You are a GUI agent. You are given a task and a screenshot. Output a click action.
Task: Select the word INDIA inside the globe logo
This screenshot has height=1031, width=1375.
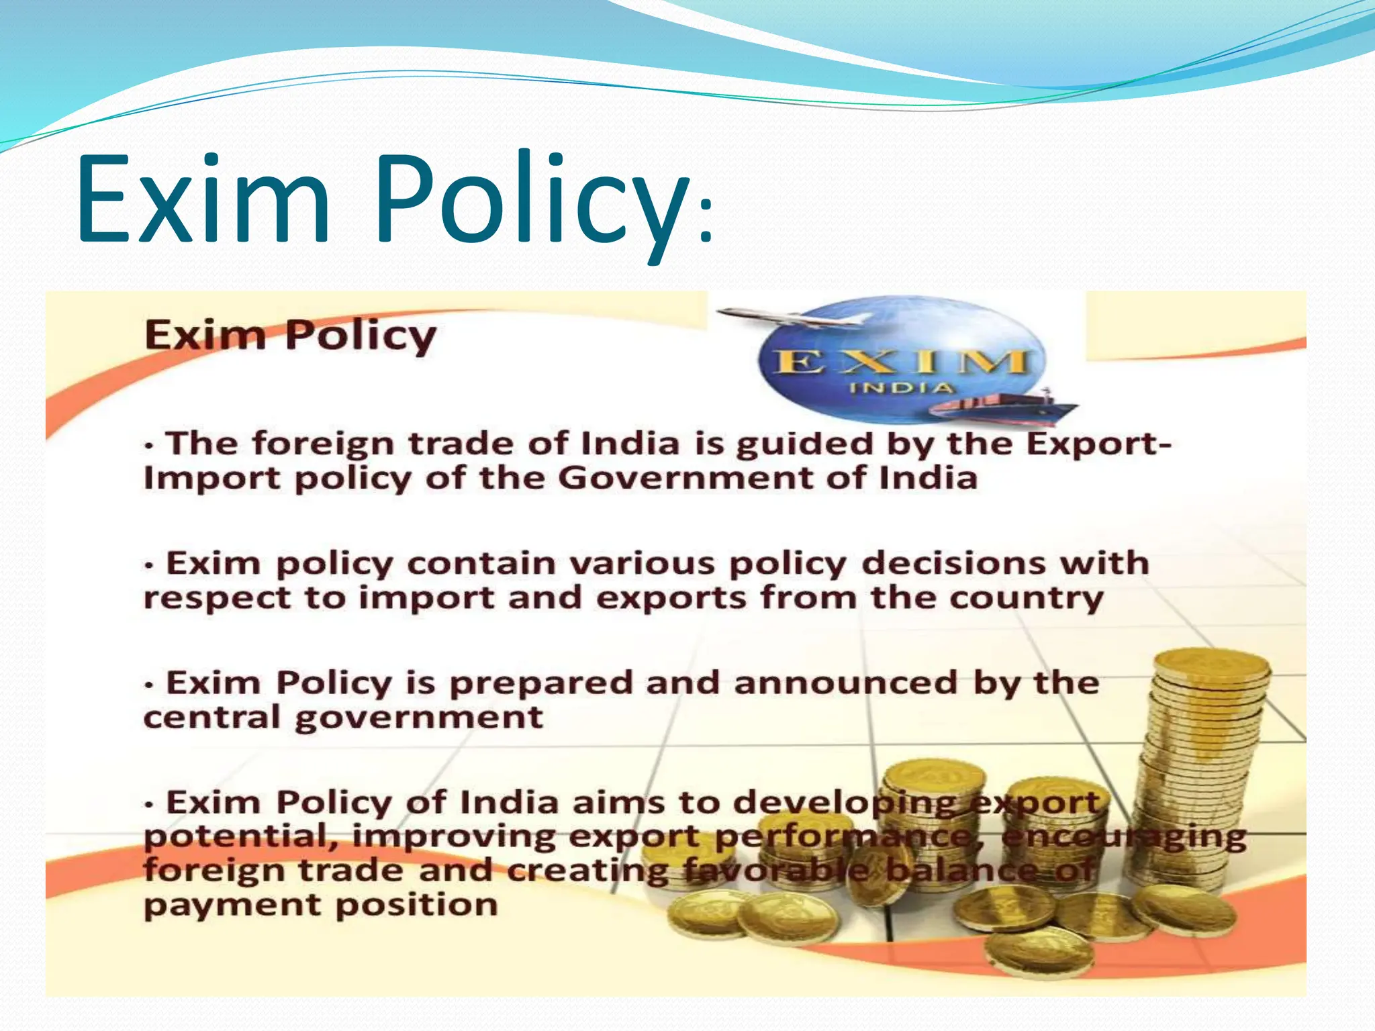tap(901, 388)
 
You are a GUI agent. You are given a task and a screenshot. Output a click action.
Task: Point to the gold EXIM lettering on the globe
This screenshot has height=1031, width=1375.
tap(901, 362)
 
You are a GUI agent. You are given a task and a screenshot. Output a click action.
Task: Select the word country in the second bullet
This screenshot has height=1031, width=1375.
tap(1027, 598)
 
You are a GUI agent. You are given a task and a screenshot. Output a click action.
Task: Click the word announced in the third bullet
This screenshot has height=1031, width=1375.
tap(846, 683)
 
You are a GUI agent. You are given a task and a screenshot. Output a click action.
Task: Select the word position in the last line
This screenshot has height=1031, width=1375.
tap(416, 905)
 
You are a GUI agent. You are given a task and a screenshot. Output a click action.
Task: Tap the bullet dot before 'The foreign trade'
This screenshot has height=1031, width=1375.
tap(150, 446)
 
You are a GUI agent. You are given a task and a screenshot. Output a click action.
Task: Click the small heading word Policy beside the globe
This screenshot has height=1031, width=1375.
tap(361, 335)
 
